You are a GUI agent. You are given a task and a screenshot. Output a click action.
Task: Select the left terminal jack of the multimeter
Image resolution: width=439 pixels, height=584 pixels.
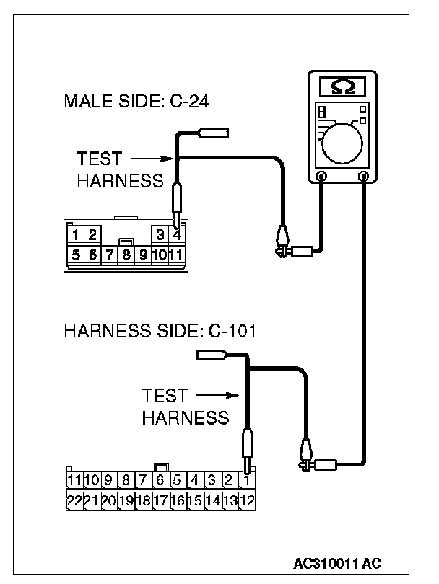[322, 176]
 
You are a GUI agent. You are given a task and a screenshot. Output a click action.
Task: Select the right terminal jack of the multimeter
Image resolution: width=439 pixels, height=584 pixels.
[362, 176]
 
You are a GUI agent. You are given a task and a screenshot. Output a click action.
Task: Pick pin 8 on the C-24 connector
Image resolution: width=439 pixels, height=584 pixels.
[126, 254]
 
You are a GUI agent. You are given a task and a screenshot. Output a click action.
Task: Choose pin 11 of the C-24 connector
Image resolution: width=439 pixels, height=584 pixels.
[176, 254]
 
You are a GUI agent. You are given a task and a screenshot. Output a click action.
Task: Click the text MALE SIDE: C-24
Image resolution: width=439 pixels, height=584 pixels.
[136, 101]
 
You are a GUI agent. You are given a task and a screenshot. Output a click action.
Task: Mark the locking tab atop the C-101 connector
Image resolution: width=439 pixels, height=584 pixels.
[162, 467]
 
